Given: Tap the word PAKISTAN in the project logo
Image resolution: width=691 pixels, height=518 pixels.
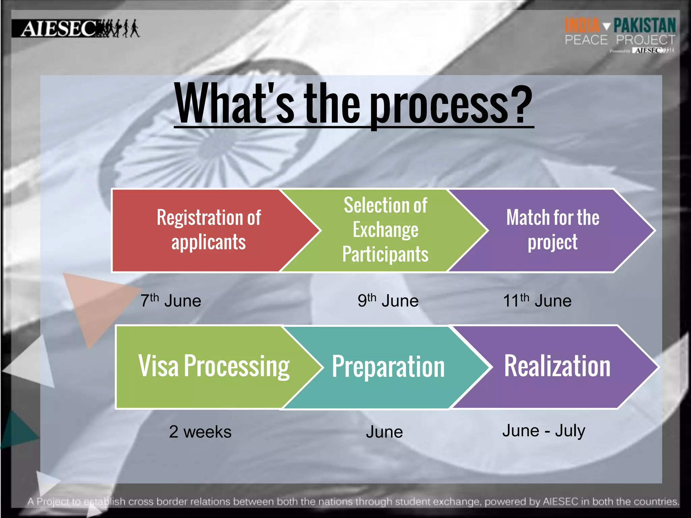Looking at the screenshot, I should [x=644, y=26].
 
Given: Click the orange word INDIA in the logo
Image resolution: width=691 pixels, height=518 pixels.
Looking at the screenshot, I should [x=582, y=26].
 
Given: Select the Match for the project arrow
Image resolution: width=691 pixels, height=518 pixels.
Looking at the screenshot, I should [x=553, y=230].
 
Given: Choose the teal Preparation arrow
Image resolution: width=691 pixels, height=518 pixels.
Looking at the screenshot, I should [x=388, y=367].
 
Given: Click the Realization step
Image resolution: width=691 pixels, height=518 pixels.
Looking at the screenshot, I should [x=557, y=367].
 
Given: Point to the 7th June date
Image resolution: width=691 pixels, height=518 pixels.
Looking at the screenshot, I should [x=171, y=300].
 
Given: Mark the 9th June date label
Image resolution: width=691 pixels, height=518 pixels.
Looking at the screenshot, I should [x=388, y=300].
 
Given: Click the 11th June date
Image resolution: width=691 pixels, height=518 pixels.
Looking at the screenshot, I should [x=537, y=300].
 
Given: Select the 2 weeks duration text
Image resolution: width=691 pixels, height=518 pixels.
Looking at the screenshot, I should [x=200, y=432].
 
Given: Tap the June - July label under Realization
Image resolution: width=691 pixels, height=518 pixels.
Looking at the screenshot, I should [x=544, y=431].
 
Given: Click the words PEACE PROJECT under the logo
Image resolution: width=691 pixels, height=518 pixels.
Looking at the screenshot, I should [x=620, y=40].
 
